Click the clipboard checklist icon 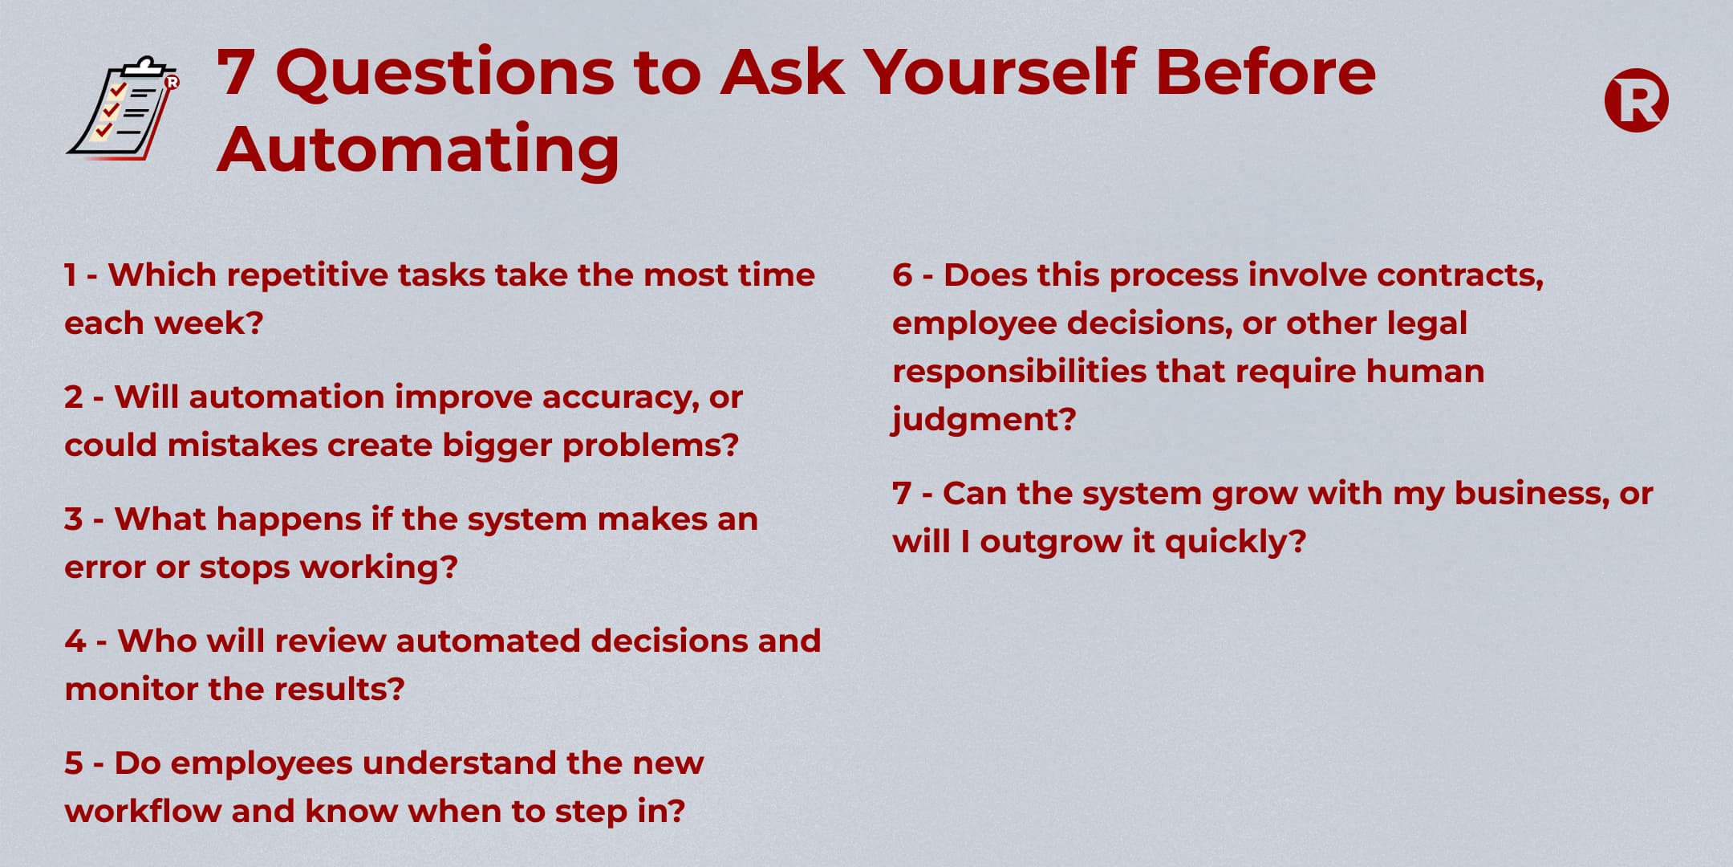(123, 108)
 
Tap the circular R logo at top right (1636, 100)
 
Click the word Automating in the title (418, 149)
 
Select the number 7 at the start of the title (235, 73)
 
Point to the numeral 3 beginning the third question (74, 519)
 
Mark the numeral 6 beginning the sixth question (903, 275)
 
